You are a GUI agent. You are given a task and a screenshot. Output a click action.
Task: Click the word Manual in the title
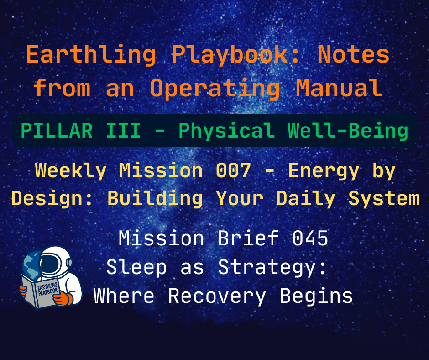coord(339,88)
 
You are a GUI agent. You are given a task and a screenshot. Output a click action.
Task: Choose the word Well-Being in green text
coord(348,131)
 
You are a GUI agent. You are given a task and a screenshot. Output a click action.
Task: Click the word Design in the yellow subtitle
coord(47,198)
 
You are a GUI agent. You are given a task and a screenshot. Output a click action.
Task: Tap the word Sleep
coord(136,267)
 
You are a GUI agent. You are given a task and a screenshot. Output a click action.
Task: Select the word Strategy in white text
coord(272,267)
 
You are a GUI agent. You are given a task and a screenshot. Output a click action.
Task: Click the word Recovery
coord(217,296)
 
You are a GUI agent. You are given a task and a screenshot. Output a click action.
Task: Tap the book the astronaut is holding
coord(42,292)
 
